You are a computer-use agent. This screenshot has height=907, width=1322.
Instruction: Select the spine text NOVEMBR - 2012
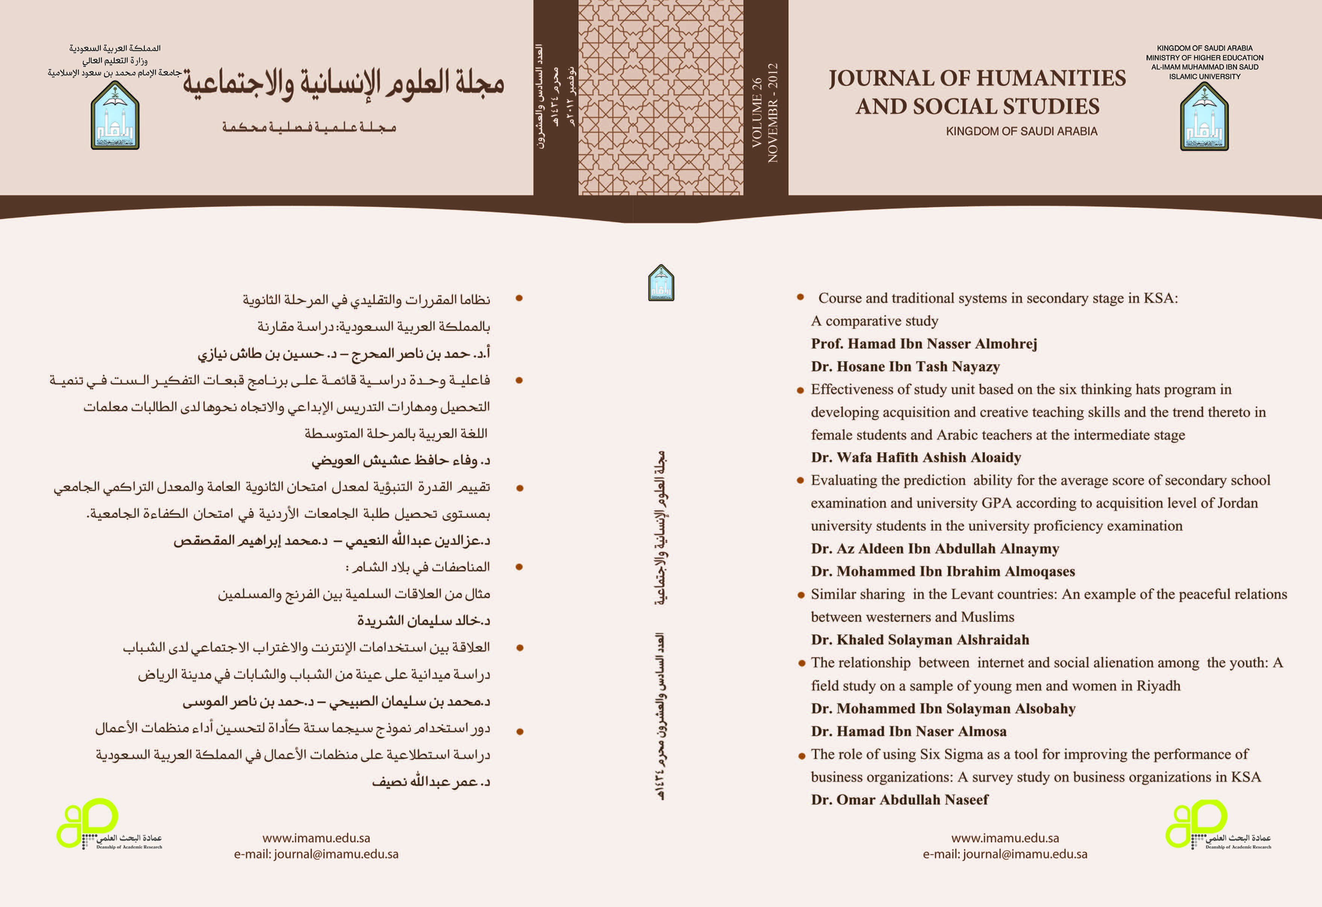pyautogui.click(x=772, y=113)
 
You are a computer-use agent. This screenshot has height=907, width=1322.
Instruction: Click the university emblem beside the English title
pyautogui.click(x=1204, y=117)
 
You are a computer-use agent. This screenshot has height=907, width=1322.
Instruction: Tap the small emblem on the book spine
pyautogui.click(x=661, y=283)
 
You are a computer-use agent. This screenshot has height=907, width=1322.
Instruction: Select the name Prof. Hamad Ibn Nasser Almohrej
pyautogui.click(x=924, y=344)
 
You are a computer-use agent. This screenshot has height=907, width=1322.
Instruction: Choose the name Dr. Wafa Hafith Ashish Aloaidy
pyautogui.click(x=916, y=458)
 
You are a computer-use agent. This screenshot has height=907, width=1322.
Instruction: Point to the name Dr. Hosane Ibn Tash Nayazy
pyautogui.click(x=905, y=367)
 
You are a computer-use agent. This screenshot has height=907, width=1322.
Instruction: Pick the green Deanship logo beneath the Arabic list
pyautogui.click(x=108, y=826)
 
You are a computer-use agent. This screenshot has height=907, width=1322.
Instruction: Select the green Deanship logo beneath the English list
pyautogui.click(x=1217, y=826)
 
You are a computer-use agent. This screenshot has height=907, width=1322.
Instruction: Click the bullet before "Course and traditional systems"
pyautogui.click(x=800, y=297)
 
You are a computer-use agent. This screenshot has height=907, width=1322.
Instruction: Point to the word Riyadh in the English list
pyautogui.click(x=1158, y=686)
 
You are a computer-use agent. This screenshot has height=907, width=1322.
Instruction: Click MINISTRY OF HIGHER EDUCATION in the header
pyautogui.click(x=1204, y=58)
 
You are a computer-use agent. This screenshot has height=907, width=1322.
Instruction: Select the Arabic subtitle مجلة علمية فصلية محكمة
pyautogui.click(x=309, y=127)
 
